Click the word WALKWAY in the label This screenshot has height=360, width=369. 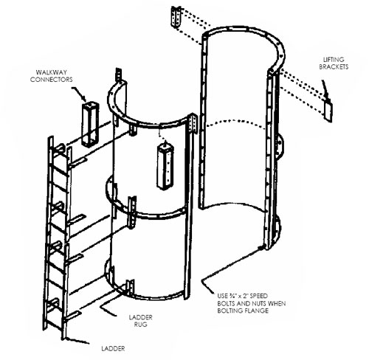point(51,72)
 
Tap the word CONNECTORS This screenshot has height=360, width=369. point(52,80)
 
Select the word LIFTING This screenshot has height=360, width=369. point(334,60)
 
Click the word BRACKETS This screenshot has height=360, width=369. point(334,66)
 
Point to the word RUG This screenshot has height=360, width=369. point(141,325)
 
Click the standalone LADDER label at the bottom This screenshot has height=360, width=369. point(113,348)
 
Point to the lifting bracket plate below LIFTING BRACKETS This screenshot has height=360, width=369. point(328,111)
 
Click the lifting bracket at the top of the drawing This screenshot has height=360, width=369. point(176,17)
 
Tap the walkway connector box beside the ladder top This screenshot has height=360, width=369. point(90,125)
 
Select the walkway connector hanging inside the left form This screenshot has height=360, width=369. point(165,167)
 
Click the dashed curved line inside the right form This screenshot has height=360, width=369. point(236,122)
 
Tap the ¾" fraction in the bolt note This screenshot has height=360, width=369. point(231,296)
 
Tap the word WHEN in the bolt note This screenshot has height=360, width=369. point(277,303)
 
